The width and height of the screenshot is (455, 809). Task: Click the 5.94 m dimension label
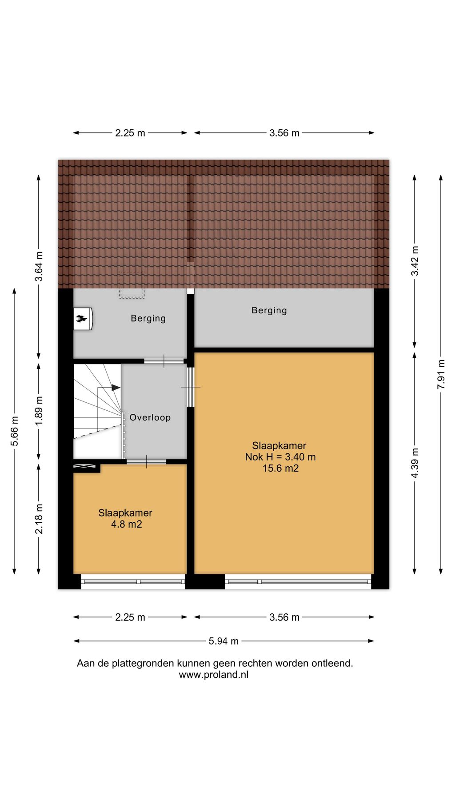click(x=224, y=641)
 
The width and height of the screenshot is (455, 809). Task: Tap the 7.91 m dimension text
click(x=441, y=374)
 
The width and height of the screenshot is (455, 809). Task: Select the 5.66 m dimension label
click(x=14, y=431)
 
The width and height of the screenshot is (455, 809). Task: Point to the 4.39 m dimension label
click(x=415, y=463)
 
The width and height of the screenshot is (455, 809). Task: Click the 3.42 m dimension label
click(x=415, y=260)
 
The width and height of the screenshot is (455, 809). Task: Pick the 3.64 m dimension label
click(x=39, y=266)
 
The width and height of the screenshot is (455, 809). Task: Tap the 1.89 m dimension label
click(x=39, y=411)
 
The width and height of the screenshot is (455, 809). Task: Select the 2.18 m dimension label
click(x=39, y=519)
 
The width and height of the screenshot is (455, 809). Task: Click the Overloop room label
click(x=150, y=417)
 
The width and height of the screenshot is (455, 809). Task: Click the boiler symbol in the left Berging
click(x=83, y=319)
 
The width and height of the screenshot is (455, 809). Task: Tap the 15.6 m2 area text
click(x=280, y=468)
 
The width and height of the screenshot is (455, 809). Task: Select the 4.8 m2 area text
click(x=126, y=524)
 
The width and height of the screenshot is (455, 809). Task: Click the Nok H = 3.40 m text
click(x=280, y=457)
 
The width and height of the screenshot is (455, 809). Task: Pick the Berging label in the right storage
click(x=269, y=310)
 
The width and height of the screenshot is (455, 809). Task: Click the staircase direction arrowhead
click(x=116, y=388)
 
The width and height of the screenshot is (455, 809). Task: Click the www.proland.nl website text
click(x=214, y=675)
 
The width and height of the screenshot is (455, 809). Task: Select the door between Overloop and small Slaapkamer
click(x=146, y=462)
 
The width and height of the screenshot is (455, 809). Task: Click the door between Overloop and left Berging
click(x=164, y=361)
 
